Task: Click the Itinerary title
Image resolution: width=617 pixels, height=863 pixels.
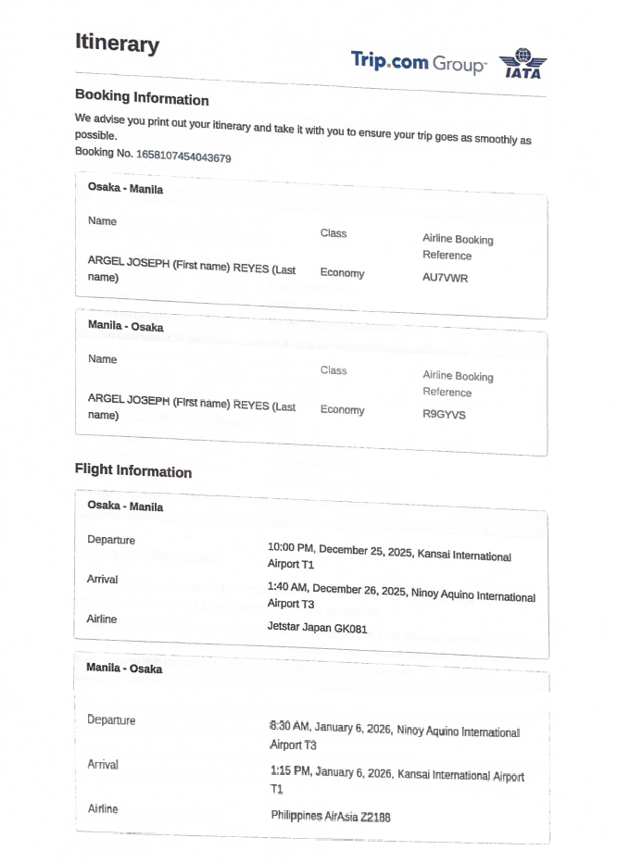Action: [x=117, y=44]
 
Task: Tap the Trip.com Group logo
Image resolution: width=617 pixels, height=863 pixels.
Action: [x=418, y=62]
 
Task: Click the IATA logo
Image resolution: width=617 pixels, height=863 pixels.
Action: [x=523, y=64]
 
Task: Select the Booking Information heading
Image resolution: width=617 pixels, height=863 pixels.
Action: [x=142, y=98]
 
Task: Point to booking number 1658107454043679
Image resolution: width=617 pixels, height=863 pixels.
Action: [x=183, y=157]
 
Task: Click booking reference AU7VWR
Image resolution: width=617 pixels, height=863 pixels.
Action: [x=445, y=277]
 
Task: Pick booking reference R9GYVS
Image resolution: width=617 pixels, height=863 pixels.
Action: [x=444, y=414]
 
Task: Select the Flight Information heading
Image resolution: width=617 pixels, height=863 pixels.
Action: [x=132, y=470]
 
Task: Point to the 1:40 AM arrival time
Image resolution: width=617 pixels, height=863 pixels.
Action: [x=287, y=587]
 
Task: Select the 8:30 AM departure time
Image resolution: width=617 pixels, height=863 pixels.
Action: [x=289, y=727]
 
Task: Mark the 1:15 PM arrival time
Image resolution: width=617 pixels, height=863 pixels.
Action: [x=291, y=770]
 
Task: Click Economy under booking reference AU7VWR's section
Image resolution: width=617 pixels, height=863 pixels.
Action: [x=342, y=273]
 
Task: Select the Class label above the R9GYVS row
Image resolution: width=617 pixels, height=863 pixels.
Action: [x=334, y=370]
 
